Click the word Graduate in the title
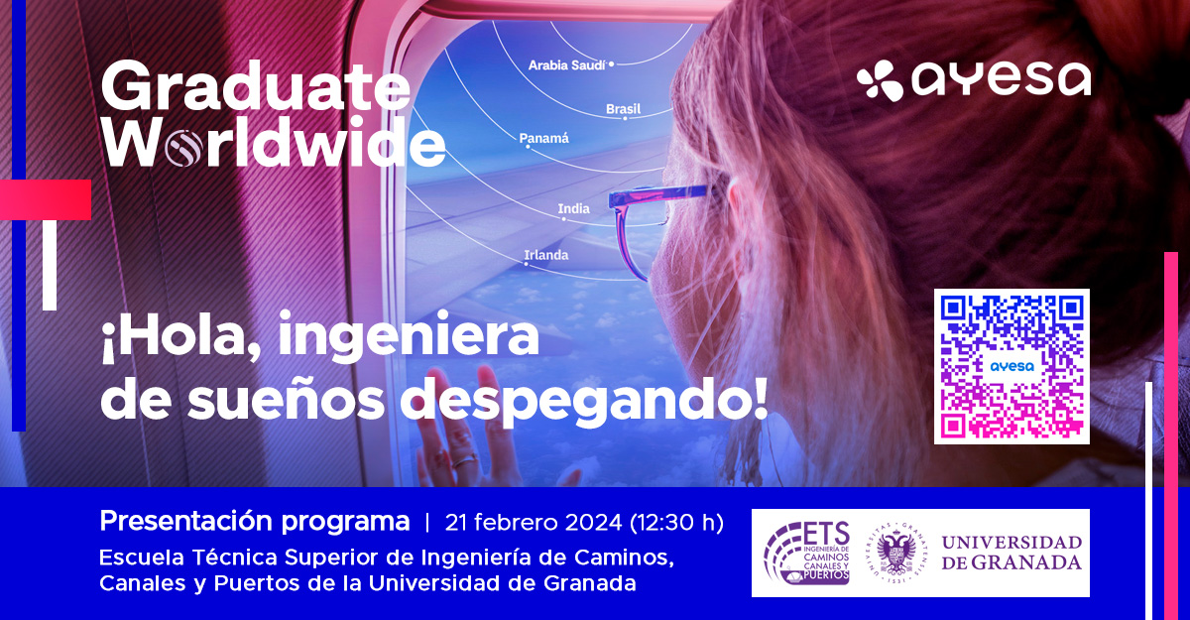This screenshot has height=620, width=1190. pos(256,85)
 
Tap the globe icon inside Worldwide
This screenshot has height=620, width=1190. pos(183,147)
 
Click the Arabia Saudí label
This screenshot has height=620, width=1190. pos(567,65)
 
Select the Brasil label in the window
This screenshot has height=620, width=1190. pos(623,109)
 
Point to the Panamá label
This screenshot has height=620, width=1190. pos(543,138)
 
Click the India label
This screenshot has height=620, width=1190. pos(574,208)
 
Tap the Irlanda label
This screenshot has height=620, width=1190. pos(546,255)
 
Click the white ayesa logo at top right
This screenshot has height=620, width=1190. pos(973,80)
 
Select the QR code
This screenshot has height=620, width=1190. pos(1011,367)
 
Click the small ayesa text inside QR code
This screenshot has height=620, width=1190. pos(1012,367)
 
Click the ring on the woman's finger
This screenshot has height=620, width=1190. pos(464,461)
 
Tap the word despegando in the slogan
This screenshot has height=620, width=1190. pos(583,401)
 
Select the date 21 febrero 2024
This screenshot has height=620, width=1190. pos(533,523)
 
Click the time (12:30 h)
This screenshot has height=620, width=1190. pos(676,523)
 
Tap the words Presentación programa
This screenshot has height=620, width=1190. pos(255,522)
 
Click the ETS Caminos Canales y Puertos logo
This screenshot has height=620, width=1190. pos(806,554)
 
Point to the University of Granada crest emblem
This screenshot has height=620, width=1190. pos(896,553)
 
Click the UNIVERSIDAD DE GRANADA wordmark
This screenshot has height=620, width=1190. pos(1011,553)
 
